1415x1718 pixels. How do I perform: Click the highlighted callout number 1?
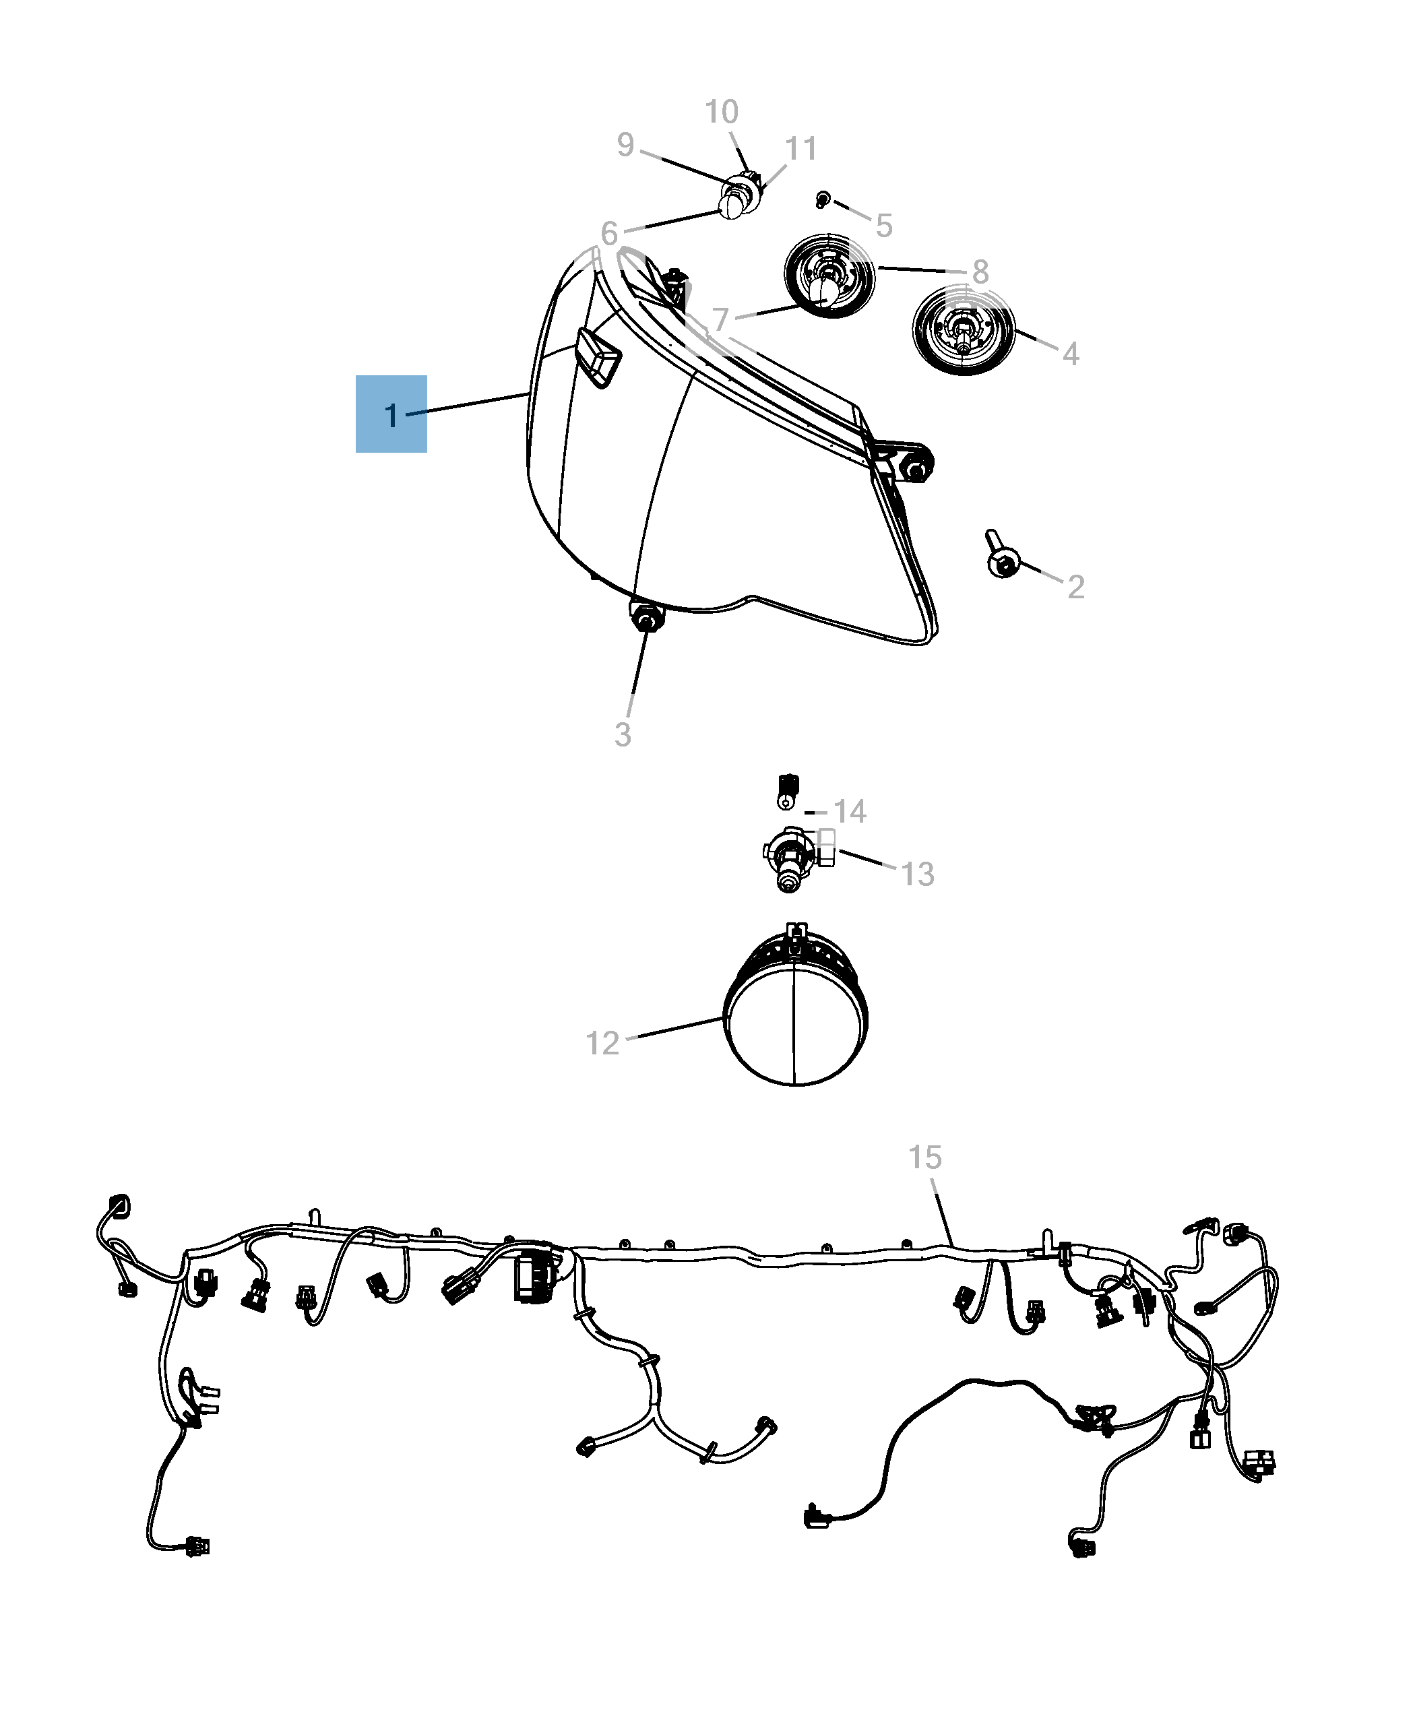[391, 416]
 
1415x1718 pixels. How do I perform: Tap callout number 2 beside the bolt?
[1076, 587]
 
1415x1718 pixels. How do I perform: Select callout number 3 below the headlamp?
[623, 734]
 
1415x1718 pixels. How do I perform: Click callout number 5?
[884, 226]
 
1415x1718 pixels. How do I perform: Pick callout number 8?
[980, 272]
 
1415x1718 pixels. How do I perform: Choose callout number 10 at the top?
[722, 112]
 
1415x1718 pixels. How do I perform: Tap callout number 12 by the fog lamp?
[602, 1043]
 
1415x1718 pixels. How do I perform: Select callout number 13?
[917, 874]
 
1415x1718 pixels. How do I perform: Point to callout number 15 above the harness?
[925, 1157]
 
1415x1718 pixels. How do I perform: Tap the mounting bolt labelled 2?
[1002, 556]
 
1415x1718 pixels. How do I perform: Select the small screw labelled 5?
[823, 199]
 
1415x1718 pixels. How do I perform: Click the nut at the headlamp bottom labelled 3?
[646, 617]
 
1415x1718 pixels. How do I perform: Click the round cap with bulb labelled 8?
[829, 276]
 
